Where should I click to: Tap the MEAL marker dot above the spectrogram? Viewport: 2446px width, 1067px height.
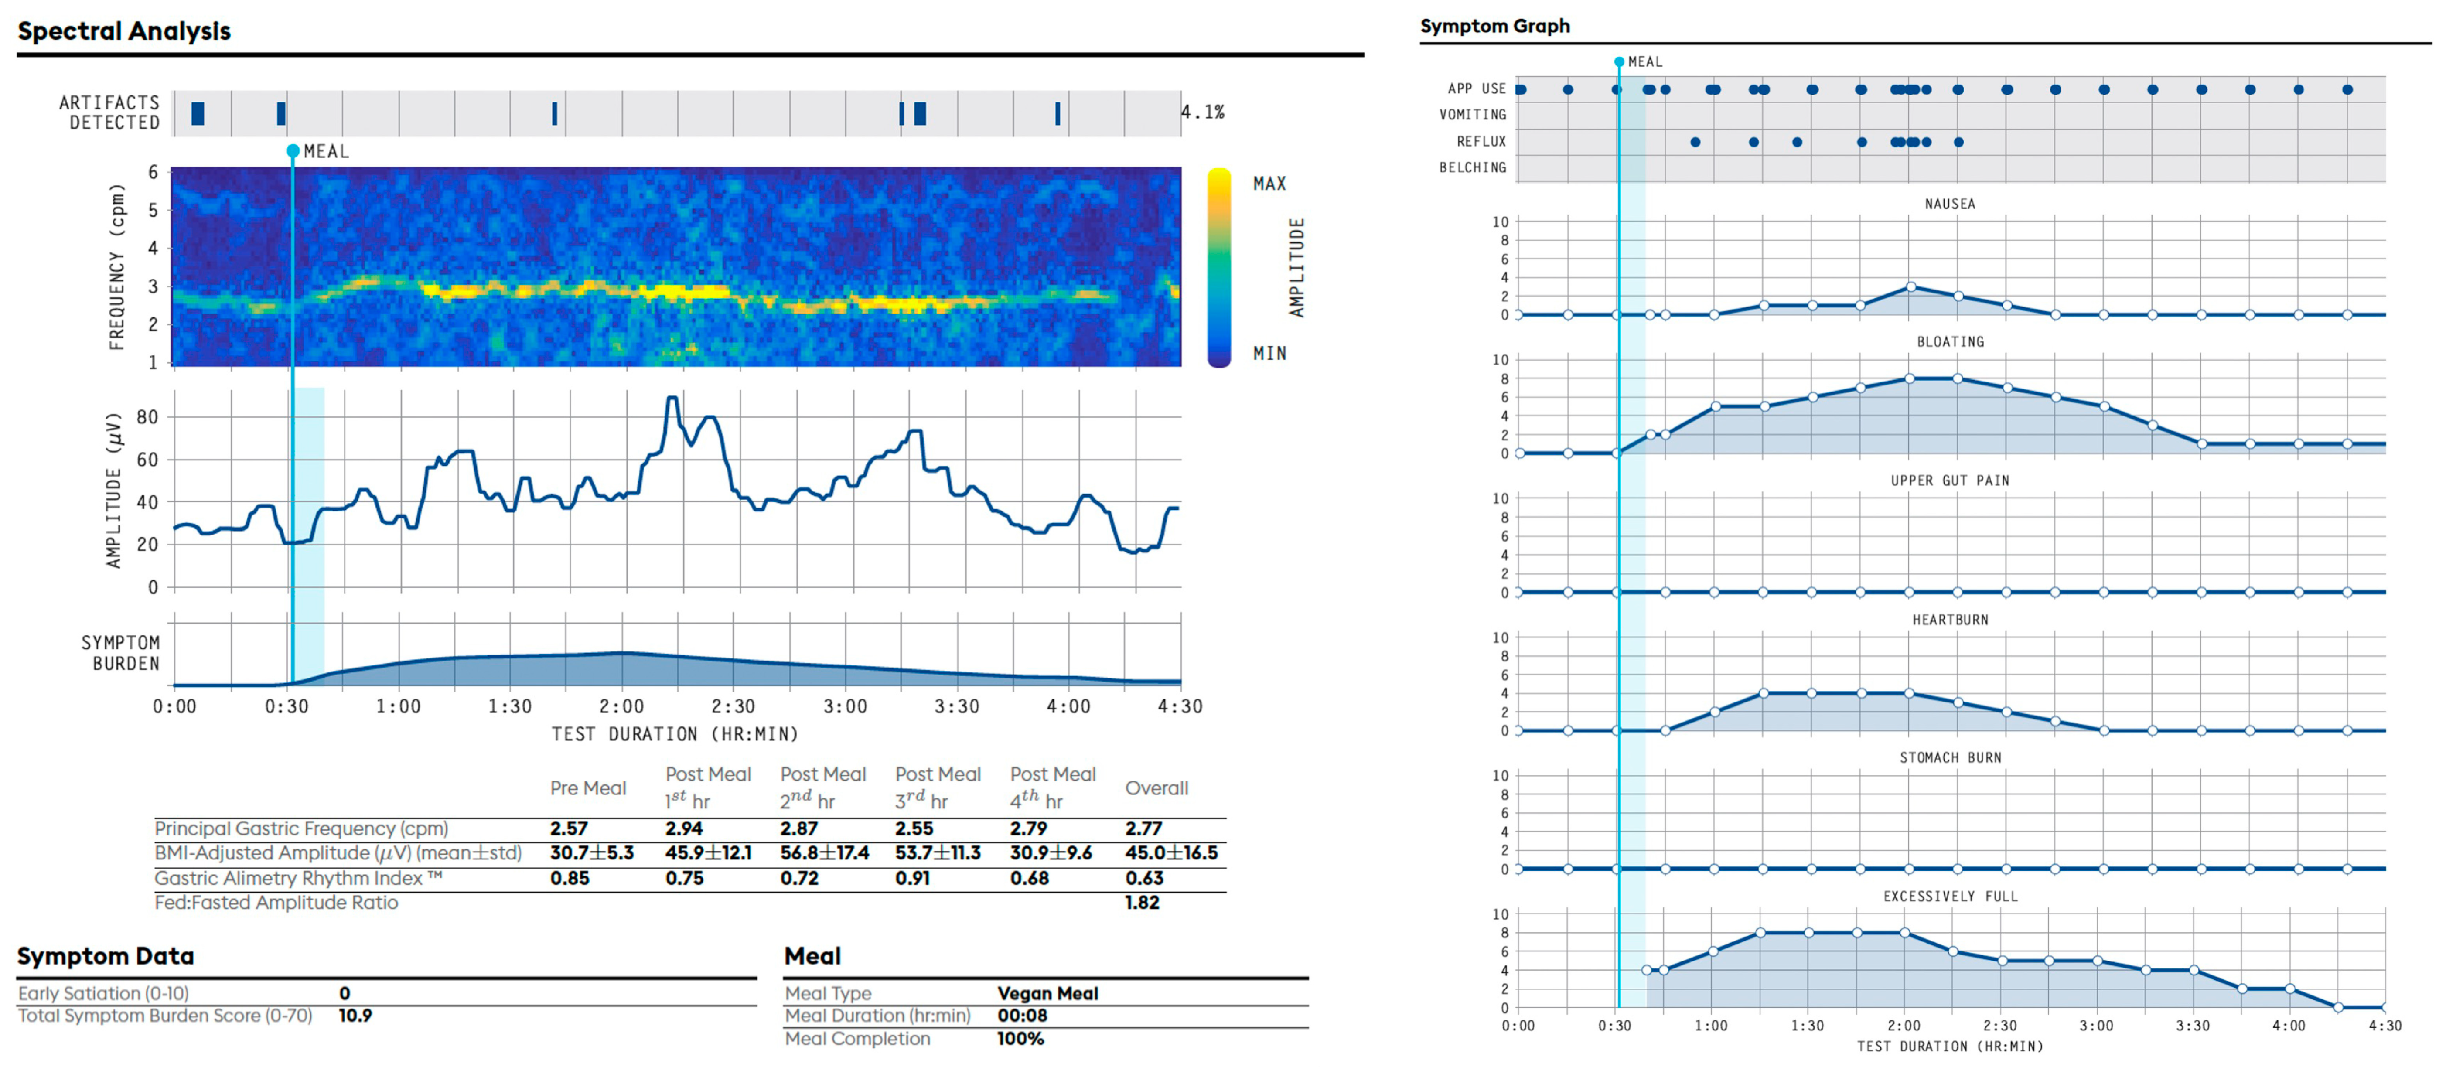tap(293, 151)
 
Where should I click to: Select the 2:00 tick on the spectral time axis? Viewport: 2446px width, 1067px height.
tap(622, 706)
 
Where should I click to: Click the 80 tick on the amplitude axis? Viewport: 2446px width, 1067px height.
tap(147, 417)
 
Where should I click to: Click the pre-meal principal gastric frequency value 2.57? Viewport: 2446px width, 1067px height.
tap(569, 828)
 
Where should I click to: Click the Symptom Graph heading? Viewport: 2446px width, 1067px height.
tap(1494, 27)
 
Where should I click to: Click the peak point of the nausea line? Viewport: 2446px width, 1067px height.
tap(1910, 286)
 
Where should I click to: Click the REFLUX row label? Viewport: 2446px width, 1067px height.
tap(1481, 141)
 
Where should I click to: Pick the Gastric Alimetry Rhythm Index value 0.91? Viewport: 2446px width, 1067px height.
tap(912, 878)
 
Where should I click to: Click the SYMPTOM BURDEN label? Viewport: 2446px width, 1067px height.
tap(121, 653)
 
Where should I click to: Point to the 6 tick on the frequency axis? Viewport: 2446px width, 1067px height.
tap(153, 172)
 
